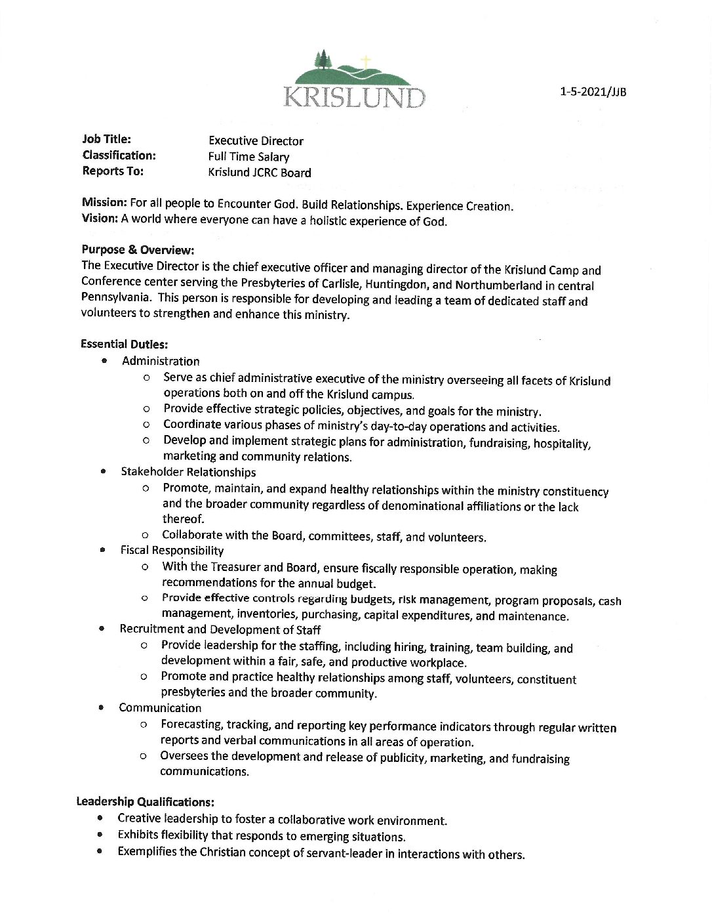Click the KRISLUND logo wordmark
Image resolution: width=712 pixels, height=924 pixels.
click(x=355, y=96)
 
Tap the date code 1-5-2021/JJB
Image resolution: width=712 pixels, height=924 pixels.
click(x=593, y=92)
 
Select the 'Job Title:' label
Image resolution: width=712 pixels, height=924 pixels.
click(x=107, y=139)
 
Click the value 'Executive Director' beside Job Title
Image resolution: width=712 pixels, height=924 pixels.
click(x=256, y=141)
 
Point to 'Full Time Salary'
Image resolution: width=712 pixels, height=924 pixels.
click(x=248, y=157)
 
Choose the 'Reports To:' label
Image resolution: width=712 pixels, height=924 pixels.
click(x=113, y=171)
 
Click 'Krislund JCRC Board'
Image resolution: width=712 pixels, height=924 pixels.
click(x=260, y=173)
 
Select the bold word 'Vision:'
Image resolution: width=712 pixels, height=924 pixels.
click(x=100, y=219)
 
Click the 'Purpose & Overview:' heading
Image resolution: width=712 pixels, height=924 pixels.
click(x=138, y=250)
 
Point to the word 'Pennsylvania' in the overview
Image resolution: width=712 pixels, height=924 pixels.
click(x=116, y=297)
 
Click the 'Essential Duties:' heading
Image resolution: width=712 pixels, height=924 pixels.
click(x=125, y=343)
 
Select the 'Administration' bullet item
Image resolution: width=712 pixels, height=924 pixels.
click(x=161, y=361)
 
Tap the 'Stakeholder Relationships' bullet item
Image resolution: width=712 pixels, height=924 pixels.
click(x=188, y=472)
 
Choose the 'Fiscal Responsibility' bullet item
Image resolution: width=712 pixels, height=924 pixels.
click(x=172, y=551)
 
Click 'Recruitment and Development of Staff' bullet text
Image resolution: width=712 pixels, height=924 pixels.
click(x=220, y=629)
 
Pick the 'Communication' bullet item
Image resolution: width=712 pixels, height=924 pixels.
click(x=160, y=707)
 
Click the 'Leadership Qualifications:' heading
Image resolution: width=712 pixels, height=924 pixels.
click(x=146, y=801)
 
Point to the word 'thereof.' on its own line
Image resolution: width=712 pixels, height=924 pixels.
click(x=184, y=519)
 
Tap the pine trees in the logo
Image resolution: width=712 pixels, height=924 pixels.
click(x=323, y=60)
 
